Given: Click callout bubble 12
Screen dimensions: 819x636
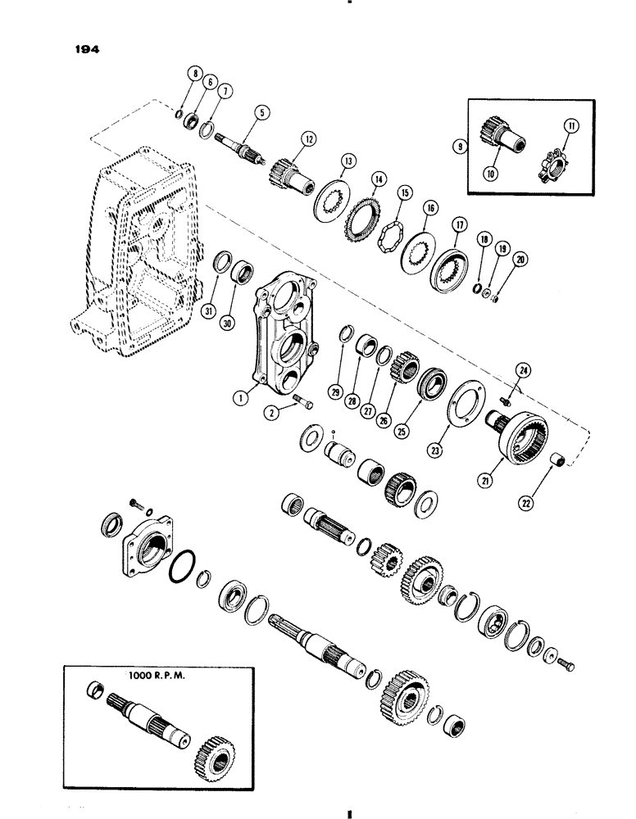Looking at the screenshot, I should click(303, 139).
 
